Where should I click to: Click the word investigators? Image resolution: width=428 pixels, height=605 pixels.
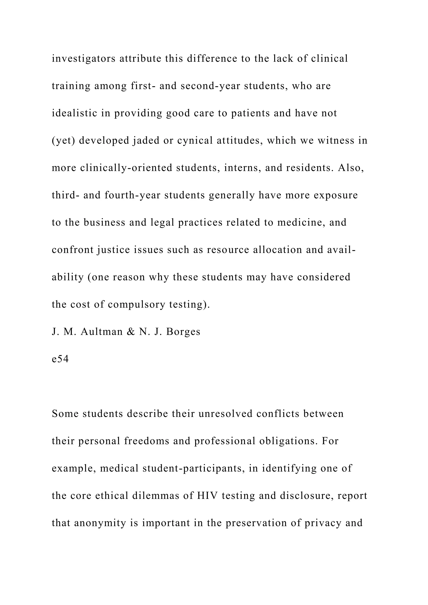[x=84, y=59]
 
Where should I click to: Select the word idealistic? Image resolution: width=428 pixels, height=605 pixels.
[x=74, y=113]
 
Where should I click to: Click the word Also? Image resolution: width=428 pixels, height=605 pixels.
[x=351, y=168]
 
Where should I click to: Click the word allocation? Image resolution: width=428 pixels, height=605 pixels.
[x=277, y=250]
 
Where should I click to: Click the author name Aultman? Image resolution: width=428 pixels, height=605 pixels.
[x=102, y=332]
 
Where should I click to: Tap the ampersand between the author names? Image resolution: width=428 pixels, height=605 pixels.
[x=131, y=332]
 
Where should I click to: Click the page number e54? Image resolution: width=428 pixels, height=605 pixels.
[x=60, y=359]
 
